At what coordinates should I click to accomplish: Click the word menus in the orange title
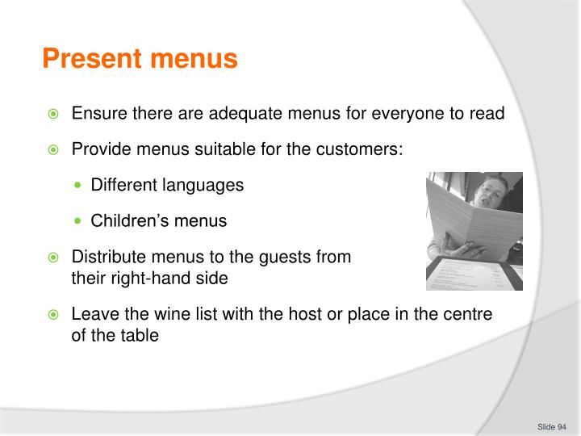(194, 59)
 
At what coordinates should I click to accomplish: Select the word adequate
(243, 113)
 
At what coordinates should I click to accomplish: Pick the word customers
(362, 149)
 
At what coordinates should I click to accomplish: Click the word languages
(203, 185)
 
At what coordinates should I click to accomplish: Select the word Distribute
(106, 258)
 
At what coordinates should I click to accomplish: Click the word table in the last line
(139, 333)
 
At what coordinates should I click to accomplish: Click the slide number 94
(562, 427)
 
